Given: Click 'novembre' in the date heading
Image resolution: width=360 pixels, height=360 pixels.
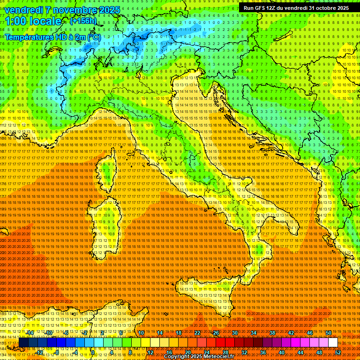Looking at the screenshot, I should tap(75, 10).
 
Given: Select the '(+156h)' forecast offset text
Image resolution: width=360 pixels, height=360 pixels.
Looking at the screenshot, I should tap(83, 21).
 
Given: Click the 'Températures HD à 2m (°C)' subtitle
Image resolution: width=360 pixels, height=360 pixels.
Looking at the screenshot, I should tap(52, 37).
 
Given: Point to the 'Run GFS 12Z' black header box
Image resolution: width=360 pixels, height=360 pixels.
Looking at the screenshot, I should tap(296, 7).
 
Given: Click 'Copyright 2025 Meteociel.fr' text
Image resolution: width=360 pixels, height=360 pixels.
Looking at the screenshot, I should tap(199, 357).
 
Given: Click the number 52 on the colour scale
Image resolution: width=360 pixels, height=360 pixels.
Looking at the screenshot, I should tap(338, 352).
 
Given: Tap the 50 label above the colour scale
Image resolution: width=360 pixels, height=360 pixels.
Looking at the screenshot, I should tap(329, 333).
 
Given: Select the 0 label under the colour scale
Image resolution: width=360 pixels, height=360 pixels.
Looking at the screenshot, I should tap(93, 352).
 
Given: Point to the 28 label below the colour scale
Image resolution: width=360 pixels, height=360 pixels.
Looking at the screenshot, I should tap(225, 352).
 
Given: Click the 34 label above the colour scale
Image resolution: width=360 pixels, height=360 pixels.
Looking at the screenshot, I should tap(254, 333).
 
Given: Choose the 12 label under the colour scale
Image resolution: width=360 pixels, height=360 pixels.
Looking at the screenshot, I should tap(150, 352).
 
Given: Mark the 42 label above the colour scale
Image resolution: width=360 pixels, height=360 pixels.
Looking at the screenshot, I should tap(291, 333).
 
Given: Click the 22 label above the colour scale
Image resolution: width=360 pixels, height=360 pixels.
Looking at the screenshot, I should tap(197, 333).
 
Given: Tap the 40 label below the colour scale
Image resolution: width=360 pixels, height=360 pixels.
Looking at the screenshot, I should tap(281, 352).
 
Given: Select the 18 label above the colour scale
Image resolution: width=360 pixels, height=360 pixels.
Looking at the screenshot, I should tap(179, 333).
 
